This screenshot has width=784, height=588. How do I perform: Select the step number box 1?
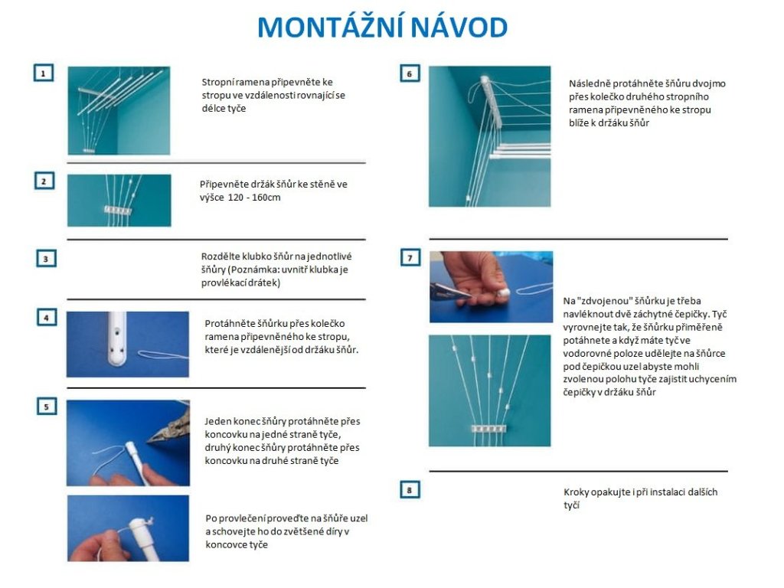pyautogui.click(x=44, y=73)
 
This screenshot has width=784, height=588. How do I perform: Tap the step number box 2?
pyautogui.click(x=44, y=181)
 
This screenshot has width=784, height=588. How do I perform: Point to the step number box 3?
pyautogui.click(x=46, y=259)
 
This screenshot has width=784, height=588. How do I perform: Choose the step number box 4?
pyautogui.click(x=47, y=318)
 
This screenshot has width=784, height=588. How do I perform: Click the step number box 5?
pyautogui.click(x=47, y=407)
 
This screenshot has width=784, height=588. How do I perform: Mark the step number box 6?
pyautogui.click(x=410, y=74)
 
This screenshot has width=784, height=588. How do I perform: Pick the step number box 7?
pyautogui.click(x=410, y=257)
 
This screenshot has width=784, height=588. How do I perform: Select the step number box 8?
pyautogui.click(x=410, y=490)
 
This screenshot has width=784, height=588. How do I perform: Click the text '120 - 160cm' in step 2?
pyautogui.click(x=254, y=198)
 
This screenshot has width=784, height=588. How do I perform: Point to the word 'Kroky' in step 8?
pyautogui.click(x=577, y=492)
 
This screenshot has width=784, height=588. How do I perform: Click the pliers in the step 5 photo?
pyautogui.click(x=169, y=428)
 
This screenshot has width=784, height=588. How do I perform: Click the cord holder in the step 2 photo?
pyautogui.click(x=118, y=210)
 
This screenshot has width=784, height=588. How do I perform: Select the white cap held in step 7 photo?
pyautogui.click(x=502, y=292)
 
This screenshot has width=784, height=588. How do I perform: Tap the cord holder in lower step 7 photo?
pyautogui.click(x=489, y=429)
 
